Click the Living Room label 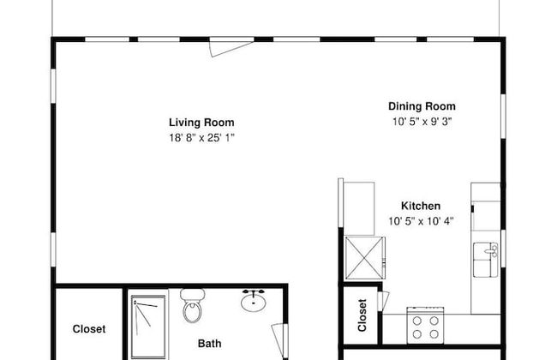pos(201,123)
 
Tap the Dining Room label pos(422,106)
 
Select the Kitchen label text pos(421,206)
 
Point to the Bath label pos(210,344)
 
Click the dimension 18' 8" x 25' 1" pos(201,137)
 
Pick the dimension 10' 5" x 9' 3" pos(422,122)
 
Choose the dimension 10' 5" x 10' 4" pos(421,221)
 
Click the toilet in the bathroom pos(192,306)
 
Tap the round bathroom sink pos(254,301)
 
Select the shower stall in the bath pos(148,327)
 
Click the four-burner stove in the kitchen pos(425,325)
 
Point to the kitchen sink pos(486,260)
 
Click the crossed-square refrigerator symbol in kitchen pos(365,258)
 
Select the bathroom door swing pos(279,340)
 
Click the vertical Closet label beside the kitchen pos(362,315)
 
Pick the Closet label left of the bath pos(89,329)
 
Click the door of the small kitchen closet pos(383,300)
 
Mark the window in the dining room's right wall pos(503,116)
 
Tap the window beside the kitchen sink pos(503,248)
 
